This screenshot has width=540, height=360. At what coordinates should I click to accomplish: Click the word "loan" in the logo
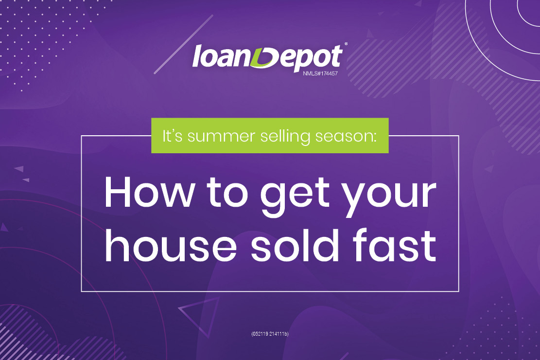click(x=222, y=56)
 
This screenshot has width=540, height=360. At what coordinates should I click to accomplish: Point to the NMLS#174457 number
click(x=320, y=73)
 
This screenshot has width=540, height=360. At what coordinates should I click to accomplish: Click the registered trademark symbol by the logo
click(x=346, y=44)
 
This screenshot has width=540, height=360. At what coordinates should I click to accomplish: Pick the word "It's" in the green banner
click(x=172, y=136)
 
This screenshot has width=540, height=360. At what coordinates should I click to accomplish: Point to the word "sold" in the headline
click(x=295, y=245)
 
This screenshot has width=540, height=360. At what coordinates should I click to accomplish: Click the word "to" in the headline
click(x=227, y=193)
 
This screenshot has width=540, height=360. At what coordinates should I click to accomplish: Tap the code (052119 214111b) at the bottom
click(x=270, y=334)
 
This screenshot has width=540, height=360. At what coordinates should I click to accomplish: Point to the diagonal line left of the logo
click(x=184, y=44)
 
